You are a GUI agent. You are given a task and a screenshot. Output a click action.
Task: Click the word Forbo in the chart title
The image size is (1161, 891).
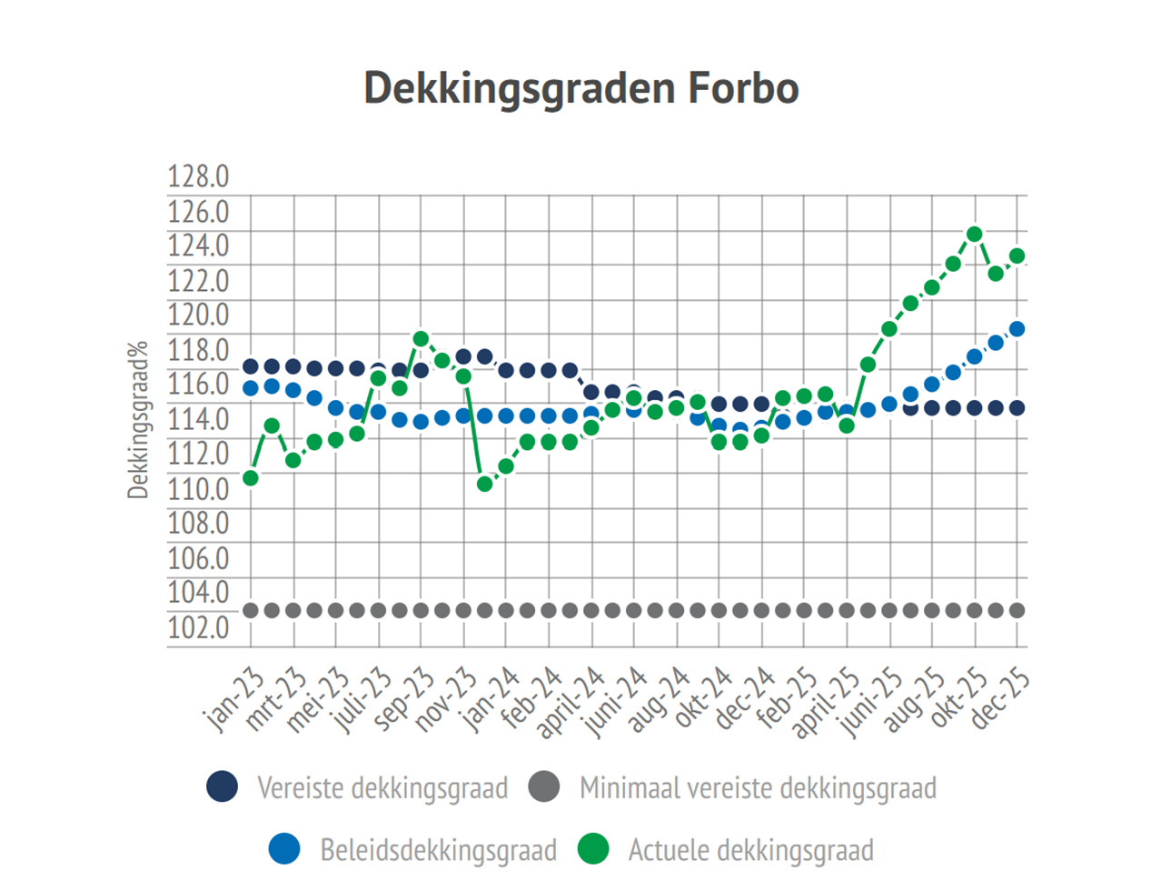point(742,88)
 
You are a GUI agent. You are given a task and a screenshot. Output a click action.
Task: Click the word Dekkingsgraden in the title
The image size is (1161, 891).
point(519,89)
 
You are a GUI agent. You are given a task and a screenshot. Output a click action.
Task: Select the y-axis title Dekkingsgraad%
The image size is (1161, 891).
point(137,420)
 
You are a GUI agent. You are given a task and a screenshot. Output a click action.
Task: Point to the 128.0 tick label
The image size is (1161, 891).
point(198,176)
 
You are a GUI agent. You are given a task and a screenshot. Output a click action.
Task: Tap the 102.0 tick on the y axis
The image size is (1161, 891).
point(198,627)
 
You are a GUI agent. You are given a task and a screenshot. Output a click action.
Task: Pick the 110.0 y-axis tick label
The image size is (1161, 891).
point(198,488)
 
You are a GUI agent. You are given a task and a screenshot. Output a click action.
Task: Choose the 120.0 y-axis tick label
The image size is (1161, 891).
point(198,315)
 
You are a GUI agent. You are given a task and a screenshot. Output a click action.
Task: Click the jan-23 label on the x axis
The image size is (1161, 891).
point(233,700)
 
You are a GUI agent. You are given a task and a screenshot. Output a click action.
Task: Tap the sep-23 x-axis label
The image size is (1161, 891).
point(403,700)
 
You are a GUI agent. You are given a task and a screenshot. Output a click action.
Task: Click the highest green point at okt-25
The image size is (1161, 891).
point(975,235)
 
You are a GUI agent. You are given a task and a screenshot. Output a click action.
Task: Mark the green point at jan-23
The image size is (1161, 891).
point(251,478)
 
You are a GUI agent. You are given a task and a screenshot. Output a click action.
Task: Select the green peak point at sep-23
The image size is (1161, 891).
point(421,339)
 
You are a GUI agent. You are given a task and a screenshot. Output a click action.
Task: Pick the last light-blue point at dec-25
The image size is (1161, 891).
point(1017,329)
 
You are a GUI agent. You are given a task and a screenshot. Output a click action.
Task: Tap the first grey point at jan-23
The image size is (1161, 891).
point(251,610)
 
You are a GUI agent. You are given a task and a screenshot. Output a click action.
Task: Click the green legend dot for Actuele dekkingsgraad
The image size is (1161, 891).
point(593,849)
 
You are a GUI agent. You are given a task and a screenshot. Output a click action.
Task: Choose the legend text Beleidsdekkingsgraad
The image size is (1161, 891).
point(438,850)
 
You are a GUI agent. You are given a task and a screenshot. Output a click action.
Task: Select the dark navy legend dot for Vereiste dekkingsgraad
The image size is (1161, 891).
point(223,786)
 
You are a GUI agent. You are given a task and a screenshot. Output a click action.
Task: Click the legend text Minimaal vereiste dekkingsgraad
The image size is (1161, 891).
point(758,787)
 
